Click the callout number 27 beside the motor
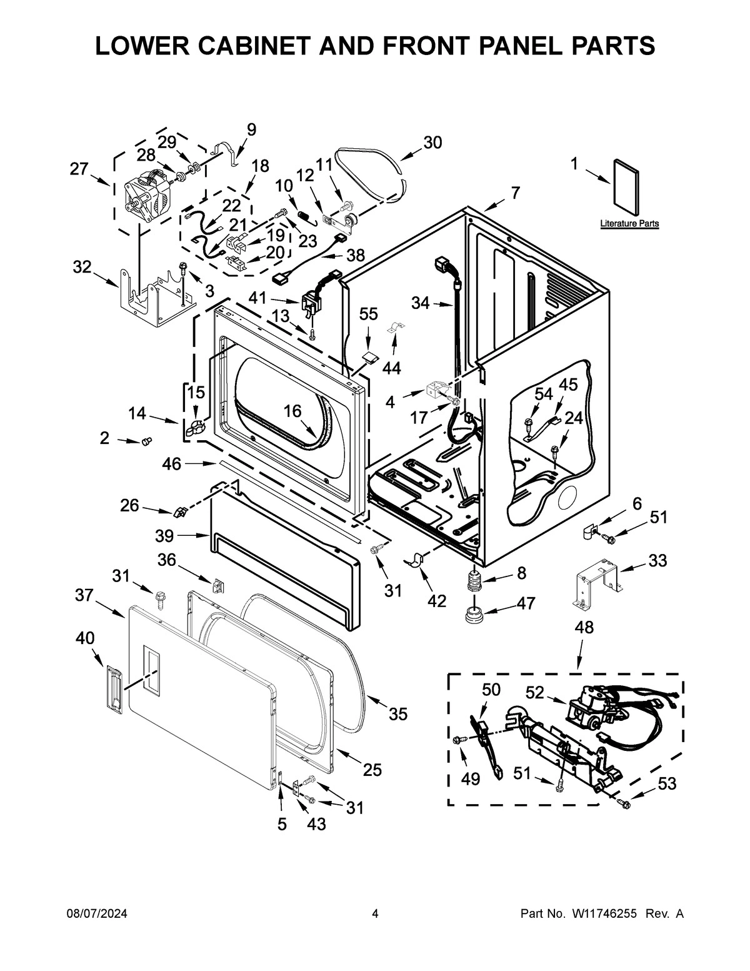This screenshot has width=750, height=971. pyautogui.click(x=79, y=169)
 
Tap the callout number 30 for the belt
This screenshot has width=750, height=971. pyautogui.click(x=432, y=143)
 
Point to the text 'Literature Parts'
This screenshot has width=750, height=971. pyautogui.click(x=629, y=223)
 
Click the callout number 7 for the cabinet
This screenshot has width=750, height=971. pyautogui.click(x=515, y=193)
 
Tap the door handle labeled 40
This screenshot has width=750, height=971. pyautogui.click(x=112, y=688)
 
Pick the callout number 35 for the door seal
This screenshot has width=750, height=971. pyautogui.click(x=397, y=713)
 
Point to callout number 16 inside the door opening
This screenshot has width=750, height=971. pyautogui.click(x=292, y=411)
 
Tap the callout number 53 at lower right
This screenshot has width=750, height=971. pyautogui.click(x=667, y=783)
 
